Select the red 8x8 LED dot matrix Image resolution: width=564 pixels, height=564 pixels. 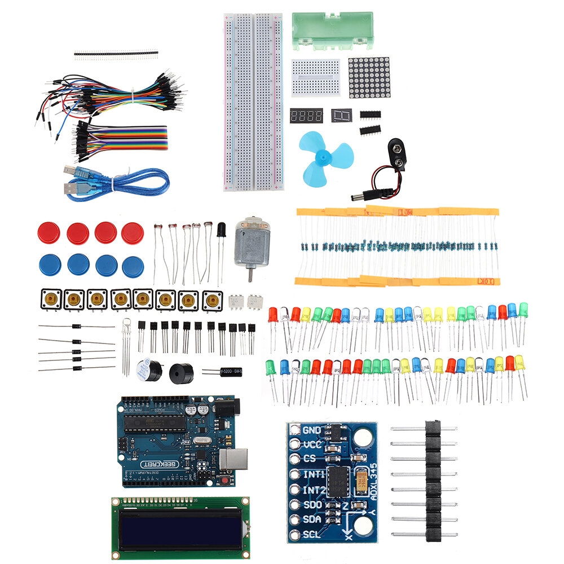pos(369,77)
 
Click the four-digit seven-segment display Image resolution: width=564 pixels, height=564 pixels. pos(306,116)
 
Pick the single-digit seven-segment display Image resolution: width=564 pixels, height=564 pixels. pos(341,116)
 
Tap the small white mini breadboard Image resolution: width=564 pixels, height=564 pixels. pos(316,78)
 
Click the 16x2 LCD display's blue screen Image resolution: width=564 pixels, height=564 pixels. pos(179,530)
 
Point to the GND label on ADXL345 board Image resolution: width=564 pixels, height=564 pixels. pos(311,430)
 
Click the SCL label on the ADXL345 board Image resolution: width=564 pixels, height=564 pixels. pos(311,534)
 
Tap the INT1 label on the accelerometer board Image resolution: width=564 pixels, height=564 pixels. pos(314,474)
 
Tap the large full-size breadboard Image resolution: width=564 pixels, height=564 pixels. pos(254,102)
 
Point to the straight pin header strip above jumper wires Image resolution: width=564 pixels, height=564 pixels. pos(116,54)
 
